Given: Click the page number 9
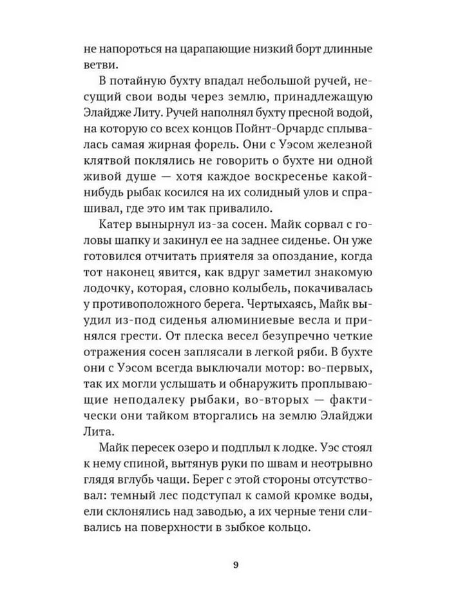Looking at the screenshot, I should [x=235, y=566].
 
